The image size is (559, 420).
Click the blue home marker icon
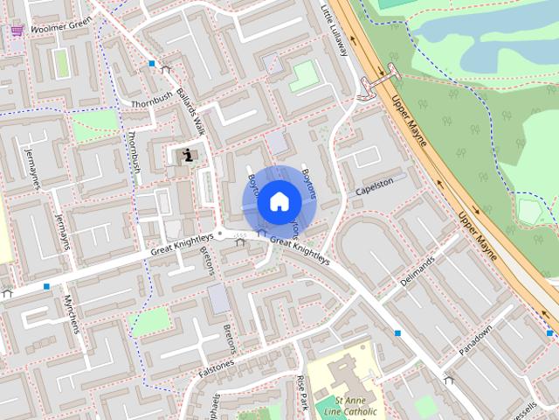click(278, 202)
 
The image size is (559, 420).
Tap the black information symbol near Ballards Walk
click(187, 156)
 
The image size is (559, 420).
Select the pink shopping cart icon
click(17, 30)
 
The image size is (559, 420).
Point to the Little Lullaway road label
click(335, 31)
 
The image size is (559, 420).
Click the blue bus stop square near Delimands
click(398, 333)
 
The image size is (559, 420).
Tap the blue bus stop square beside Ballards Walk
click(152, 64)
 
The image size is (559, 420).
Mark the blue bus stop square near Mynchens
click(46, 286)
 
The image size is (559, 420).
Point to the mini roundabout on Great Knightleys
click(221, 234)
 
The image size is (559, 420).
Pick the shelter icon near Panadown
click(448, 380)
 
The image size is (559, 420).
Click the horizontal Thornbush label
click(147, 103)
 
